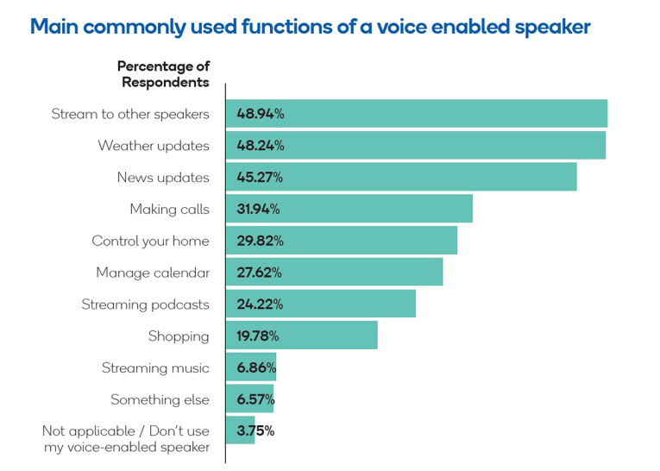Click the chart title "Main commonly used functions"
pyautogui.click(x=310, y=27)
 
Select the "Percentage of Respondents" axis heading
pyautogui.click(x=164, y=74)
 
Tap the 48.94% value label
pyautogui.click(x=260, y=114)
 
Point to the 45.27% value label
pyautogui.click(x=260, y=178)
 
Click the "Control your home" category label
pyautogui.click(x=150, y=241)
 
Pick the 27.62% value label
pyautogui.click(x=260, y=273)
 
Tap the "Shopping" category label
pyautogui.click(x=179, y=336)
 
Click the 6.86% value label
pyautogui.click(x=255, y=368)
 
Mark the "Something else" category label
pyautogui.click(x=160, y=400)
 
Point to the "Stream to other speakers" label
pyautogui.click(x=130, y=114)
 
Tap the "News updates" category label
pyautogui.click(x=163, y=178)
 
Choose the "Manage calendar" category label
pyautogui.click(x=153, y=273)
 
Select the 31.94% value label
pyautogui.click(x=260, y=209)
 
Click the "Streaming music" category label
pyautogui.click(x=155, y=368)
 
